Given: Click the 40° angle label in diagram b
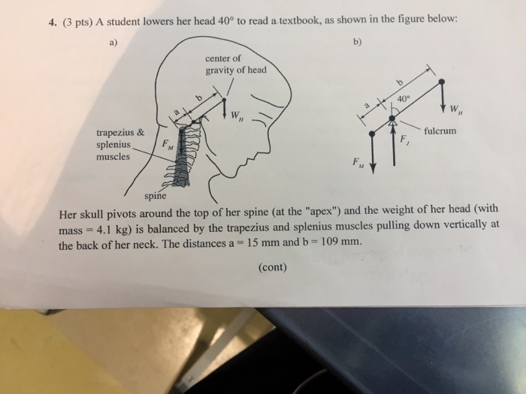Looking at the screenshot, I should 405,97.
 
